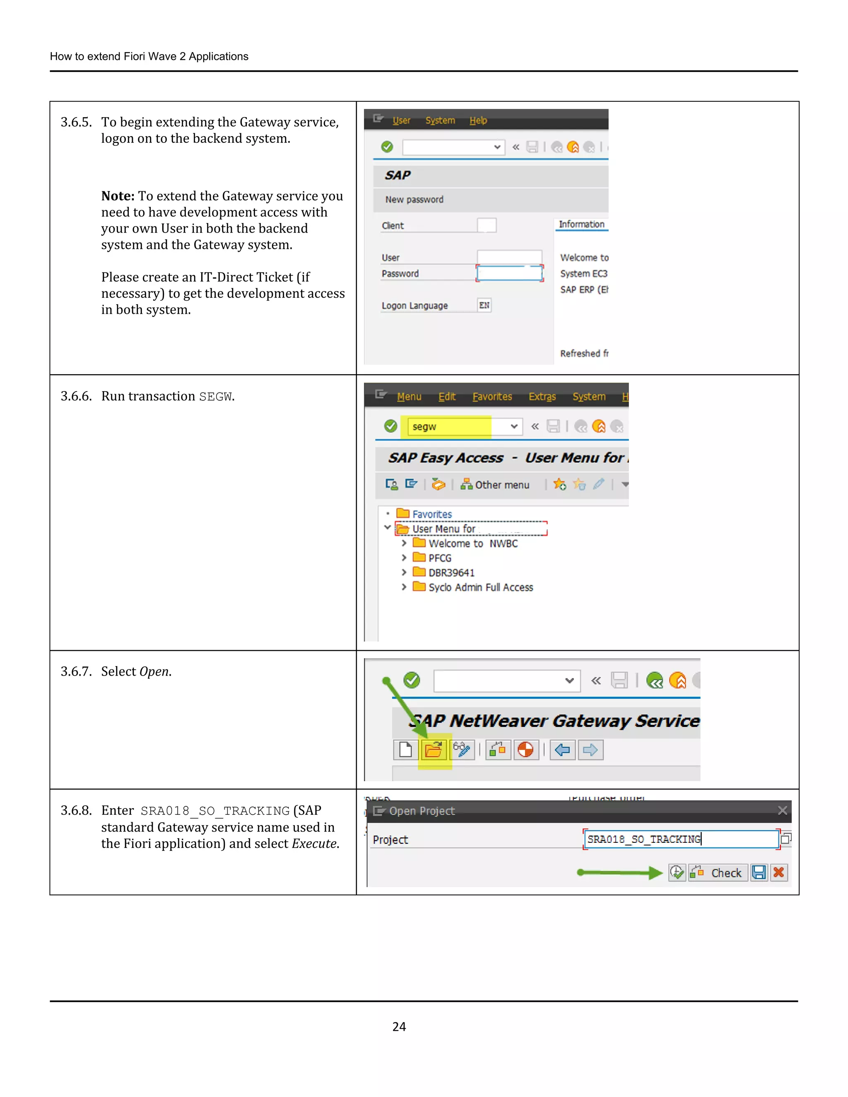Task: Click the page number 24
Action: (x=399, y=1026)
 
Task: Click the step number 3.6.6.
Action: (x=76, y=396)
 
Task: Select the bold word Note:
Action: (x=118, y=196)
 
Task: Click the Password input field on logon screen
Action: (x=509, y=273)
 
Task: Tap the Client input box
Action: (x=486, y=225)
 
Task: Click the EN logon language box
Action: (x=484, y=305)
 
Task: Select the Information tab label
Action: (x=581, y=224)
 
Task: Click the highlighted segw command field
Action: (x=448, y=426)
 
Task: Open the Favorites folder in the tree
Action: (x=431, y=514)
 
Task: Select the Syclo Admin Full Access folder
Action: (x=480, y=587)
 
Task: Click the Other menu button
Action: (x=495, y=485)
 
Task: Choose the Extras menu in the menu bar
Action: (x=542, y=396)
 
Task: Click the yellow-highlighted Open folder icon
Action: (x=434, y=751)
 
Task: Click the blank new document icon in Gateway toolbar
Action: (x=405, y=750)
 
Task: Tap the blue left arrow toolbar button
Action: (x=562, y=750)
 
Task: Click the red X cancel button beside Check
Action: (x=779, y=873)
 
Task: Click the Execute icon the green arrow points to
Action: (x=677, y=873)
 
